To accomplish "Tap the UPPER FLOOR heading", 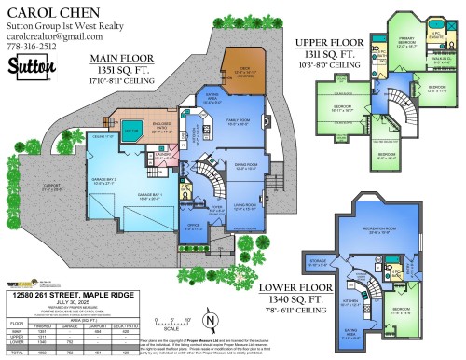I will pyautogui.click(x=329, y=42).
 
